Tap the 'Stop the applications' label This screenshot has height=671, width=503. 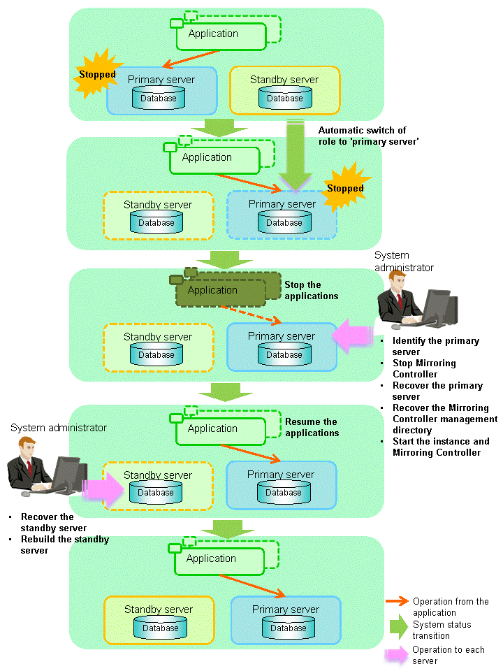tap(311, 290)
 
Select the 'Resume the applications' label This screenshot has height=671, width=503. tap(312, 427)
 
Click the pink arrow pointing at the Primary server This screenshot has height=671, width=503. tap(353, 336)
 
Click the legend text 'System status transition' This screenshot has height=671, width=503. tap(442, 630)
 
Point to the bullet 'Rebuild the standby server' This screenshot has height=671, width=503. tap(64, 544)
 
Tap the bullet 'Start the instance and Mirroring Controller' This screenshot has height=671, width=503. tap(441, 447)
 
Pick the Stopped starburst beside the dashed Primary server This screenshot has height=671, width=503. tap(346, 187)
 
